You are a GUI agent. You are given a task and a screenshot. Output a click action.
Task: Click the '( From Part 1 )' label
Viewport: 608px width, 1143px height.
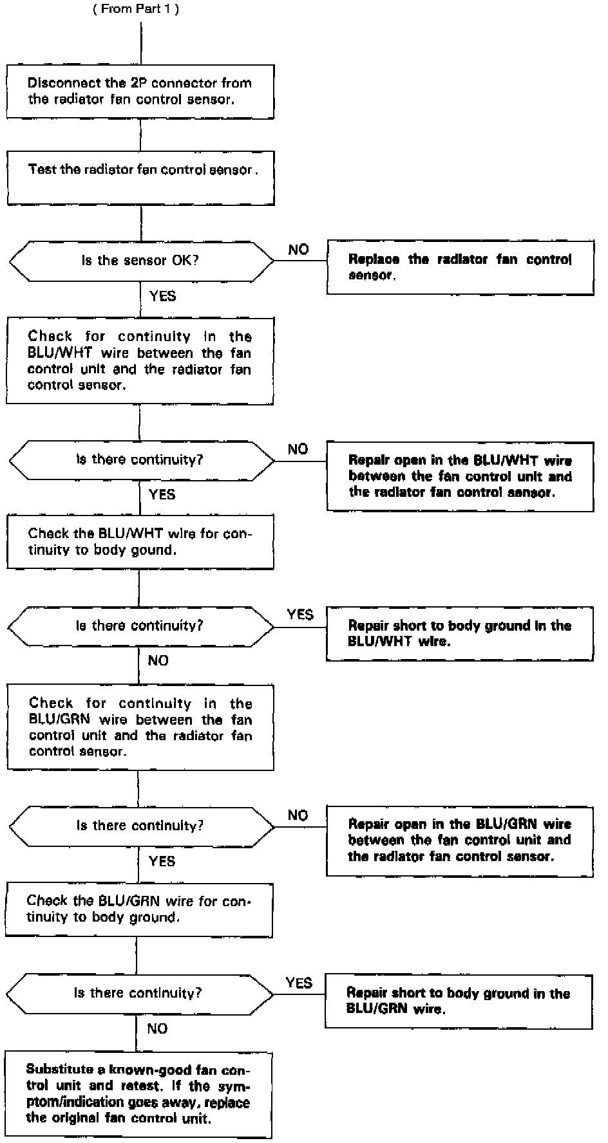point(140,10)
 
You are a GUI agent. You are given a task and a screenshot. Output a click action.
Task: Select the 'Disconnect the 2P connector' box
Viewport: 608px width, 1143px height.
point(140,91)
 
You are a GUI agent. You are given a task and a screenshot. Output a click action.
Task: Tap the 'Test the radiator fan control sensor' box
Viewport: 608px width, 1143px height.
point(140,178)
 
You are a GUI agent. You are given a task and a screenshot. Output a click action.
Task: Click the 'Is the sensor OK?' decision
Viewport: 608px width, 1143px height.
point(140,261)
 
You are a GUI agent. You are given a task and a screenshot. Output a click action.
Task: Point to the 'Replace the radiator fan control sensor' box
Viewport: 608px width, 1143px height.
point(460,267)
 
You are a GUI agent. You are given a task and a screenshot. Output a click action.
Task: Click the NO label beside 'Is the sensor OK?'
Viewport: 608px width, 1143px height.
point(298,250)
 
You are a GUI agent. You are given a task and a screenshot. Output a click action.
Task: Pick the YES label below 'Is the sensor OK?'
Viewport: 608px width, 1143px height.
point(162,296)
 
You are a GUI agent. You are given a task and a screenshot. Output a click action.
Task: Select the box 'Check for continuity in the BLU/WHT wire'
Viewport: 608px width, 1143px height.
point(140,360)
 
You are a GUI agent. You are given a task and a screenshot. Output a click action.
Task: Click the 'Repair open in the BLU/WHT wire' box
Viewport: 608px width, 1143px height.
point(460,476)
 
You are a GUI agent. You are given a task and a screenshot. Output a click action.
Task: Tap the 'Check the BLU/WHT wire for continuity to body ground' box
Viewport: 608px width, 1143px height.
point(140,541)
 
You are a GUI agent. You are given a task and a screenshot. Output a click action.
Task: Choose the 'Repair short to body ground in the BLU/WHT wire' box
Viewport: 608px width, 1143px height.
point(459,633)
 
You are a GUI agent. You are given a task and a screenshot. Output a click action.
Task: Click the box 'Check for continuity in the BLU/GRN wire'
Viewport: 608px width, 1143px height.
point(140,727)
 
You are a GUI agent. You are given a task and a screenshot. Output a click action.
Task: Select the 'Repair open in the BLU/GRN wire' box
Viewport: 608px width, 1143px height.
point(459,841)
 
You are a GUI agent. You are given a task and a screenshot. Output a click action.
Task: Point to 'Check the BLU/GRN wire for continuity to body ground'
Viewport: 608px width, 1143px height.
point(139,909)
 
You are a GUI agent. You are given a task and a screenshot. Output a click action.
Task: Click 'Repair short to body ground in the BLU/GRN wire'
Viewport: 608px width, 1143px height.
point(458,1001)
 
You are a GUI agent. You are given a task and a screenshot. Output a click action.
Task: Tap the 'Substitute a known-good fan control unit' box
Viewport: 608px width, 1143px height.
point(138,1094)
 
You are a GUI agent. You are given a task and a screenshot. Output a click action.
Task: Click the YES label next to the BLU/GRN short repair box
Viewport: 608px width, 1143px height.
point(299,983)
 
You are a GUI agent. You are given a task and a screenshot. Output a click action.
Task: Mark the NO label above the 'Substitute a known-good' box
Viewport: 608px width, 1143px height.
point(157,1028)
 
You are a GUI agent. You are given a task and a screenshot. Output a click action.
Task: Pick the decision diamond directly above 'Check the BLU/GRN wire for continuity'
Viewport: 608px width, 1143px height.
point(140,826)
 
